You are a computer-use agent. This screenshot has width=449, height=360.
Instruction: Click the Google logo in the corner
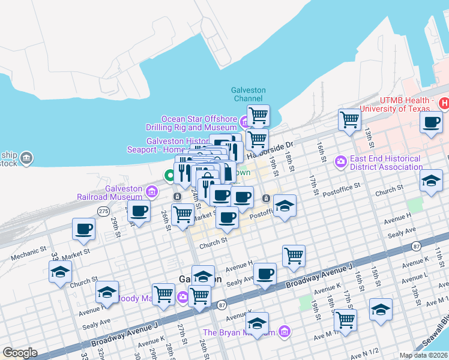[20, 353]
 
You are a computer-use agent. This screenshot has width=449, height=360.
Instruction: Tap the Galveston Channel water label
[248, 94]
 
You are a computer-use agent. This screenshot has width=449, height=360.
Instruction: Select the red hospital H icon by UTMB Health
[444, 104]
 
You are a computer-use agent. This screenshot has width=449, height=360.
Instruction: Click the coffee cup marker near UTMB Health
[432, 123]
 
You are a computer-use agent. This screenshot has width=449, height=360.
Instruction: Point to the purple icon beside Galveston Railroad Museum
[151, 192]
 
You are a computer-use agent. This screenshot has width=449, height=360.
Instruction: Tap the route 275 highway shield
[104, 211]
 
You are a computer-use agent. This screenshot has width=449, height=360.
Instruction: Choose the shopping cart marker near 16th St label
[349, 119]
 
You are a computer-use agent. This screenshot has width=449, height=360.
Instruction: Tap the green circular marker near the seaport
[170, 176]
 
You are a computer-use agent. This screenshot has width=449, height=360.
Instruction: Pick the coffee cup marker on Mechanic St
[83, 229]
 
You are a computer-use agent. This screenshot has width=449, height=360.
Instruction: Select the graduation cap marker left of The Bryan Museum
[257, 323]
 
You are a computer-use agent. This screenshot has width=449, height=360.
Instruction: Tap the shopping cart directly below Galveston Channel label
[258, 115]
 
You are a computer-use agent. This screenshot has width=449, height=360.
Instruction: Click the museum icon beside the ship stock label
[26, 158]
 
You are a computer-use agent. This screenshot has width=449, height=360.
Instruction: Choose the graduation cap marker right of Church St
[430, 181]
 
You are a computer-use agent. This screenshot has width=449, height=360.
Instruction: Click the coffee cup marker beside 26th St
[139, 211]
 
